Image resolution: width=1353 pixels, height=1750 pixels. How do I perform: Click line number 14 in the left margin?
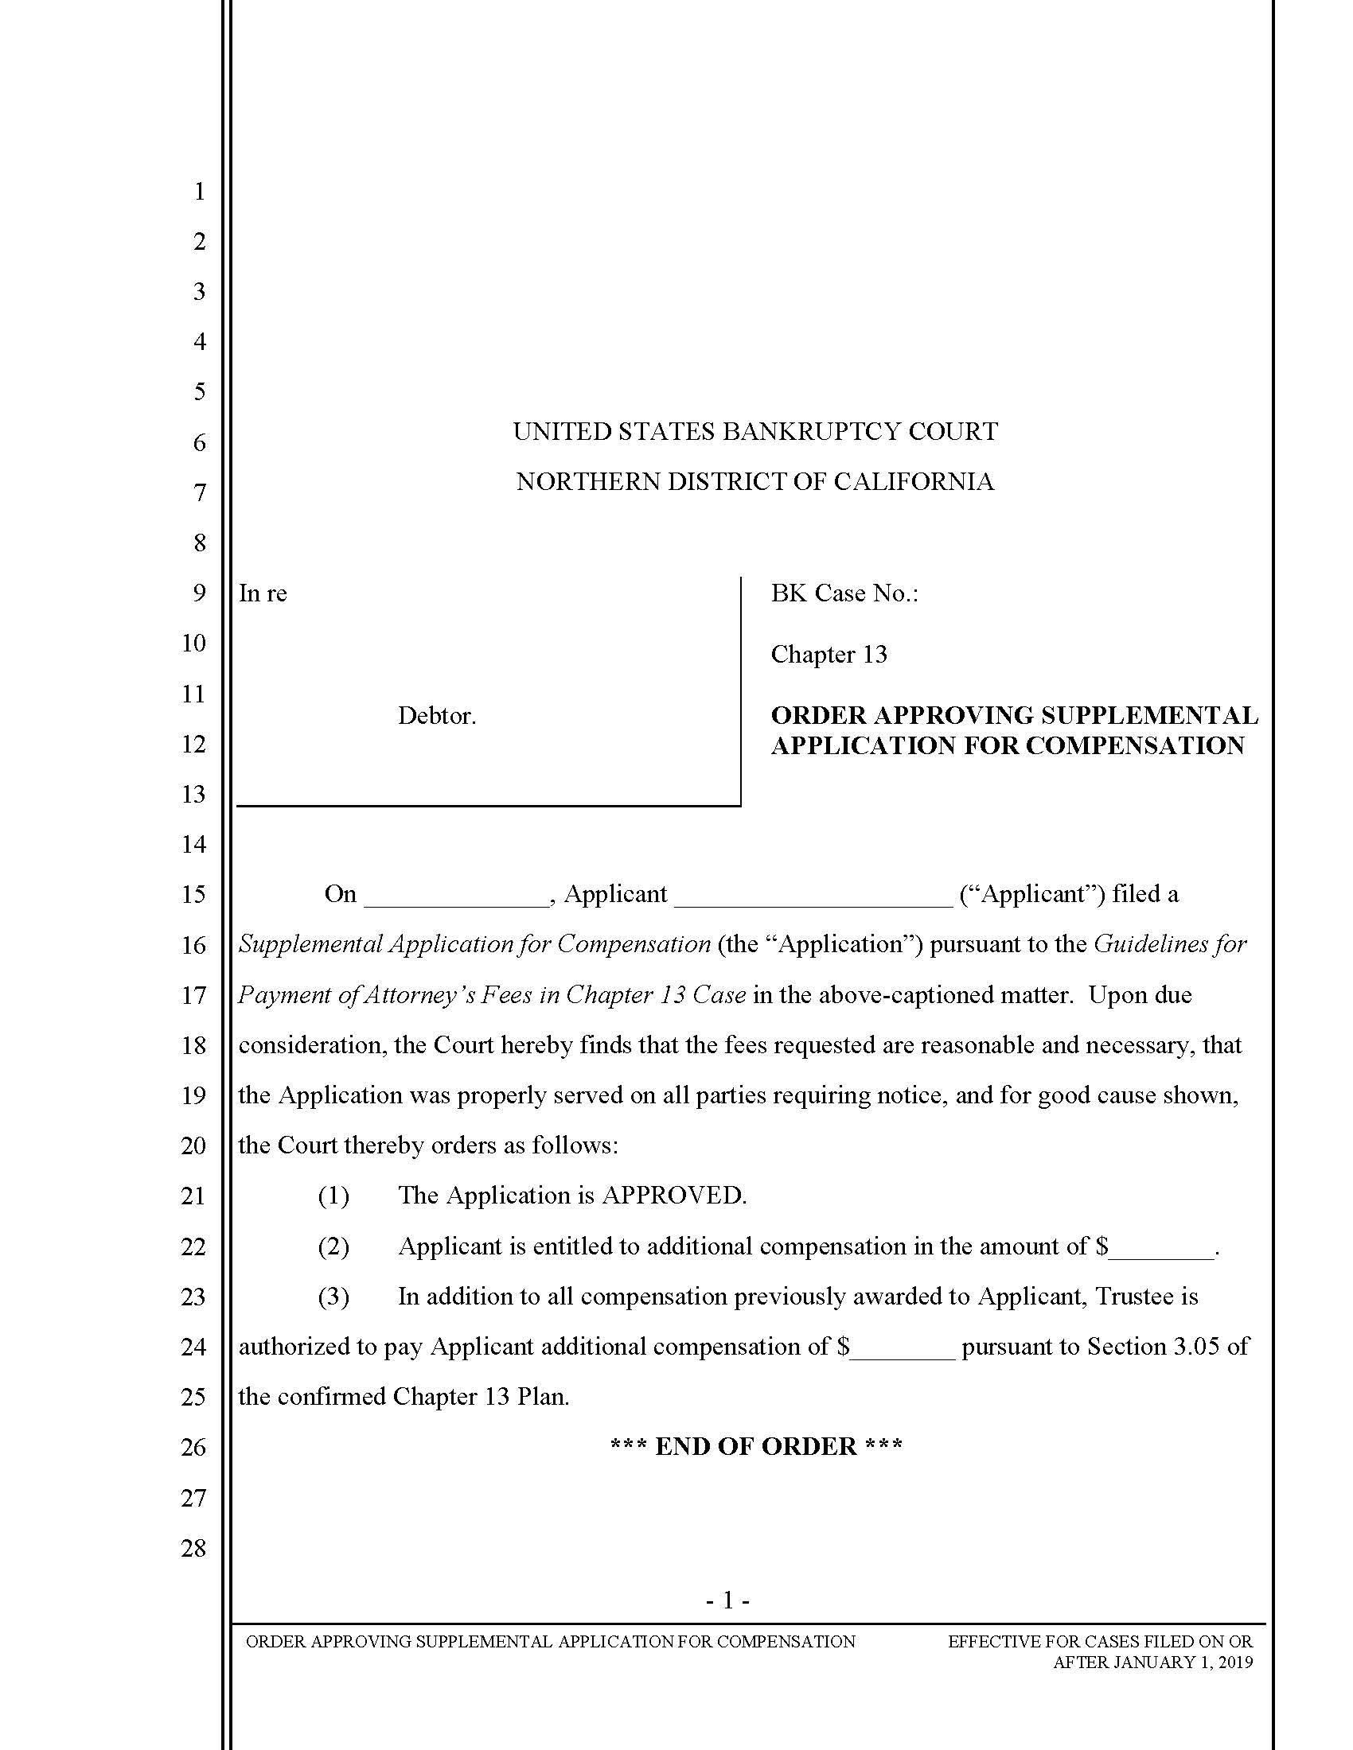[x=193, y=845]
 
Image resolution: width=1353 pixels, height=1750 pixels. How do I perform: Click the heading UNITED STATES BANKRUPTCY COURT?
[x=755, y=432]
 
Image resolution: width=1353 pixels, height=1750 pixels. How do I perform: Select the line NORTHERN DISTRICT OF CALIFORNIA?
[x=755, y=481]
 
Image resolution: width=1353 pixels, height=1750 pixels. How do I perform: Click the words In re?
[x=263, y=593]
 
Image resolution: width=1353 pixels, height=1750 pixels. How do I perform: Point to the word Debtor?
[x=437, y=717]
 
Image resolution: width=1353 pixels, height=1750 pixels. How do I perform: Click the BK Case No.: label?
[x=844, y=593]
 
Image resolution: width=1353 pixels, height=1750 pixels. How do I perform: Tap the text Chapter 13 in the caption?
[x=829, y=655]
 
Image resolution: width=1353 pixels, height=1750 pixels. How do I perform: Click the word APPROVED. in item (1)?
[x=674, y=1196]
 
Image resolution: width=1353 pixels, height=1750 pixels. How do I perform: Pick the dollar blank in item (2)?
[x=1161, y=1247]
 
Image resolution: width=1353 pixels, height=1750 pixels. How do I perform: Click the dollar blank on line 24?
[x=903, y=1347]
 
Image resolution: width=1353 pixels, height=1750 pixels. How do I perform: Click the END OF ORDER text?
[x=756, y=1446]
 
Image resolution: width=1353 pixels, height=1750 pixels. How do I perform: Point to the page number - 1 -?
[x=727, y=1600]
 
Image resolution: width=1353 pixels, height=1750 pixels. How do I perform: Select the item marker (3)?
[x=333, y=1297]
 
